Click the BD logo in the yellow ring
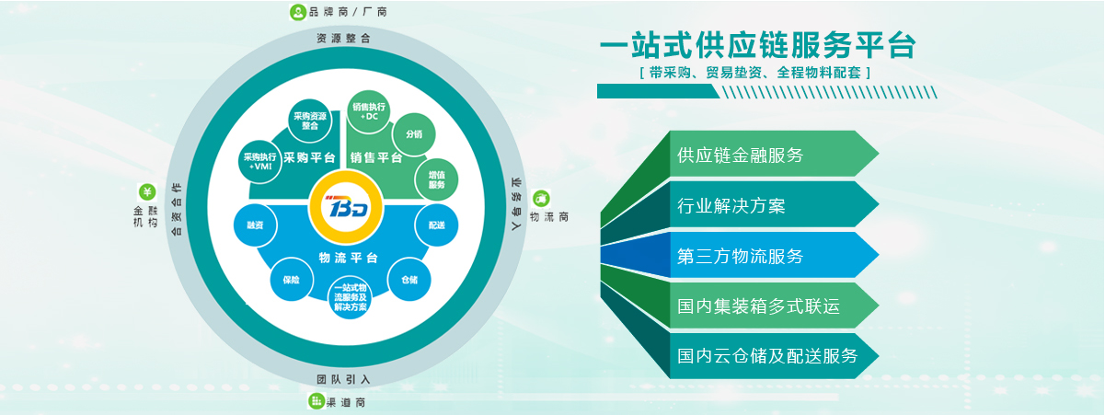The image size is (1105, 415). pos(346,208)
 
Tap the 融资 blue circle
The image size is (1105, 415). pos(255,225)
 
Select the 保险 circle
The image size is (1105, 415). pos(292,280)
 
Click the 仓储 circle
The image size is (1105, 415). pos(409,280)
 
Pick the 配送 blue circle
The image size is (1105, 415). pos(437,225)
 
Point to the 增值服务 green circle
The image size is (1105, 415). pos(437,179)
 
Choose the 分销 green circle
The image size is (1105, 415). pos(414,134)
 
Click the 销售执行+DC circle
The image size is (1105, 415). pos(369,111)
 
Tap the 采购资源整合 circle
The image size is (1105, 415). pos(310,121)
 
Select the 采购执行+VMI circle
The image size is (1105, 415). pos(260,161)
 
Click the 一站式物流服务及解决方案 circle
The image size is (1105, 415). pos(351,297)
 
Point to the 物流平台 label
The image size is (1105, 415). pos(349,258)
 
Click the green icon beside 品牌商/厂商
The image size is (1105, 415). pos(298,12)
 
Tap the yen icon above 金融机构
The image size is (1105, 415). pos(147,191)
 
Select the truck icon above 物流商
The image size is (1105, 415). pos(541,199)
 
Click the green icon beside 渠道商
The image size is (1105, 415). pos(317,400)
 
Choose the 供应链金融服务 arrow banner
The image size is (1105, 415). pos(774,154)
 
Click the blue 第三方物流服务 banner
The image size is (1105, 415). pos(774,255)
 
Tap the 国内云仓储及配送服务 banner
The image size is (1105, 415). pos(774,356)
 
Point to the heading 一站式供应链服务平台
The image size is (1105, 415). pos(758,45)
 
